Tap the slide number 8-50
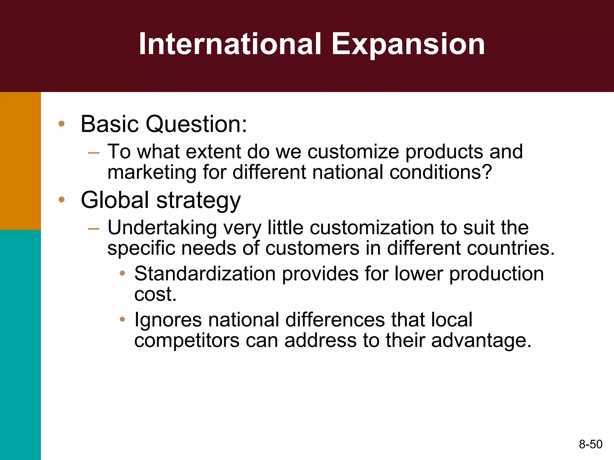tap(591, 444)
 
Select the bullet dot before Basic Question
tap(62, 124)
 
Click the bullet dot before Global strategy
tap(62, 200)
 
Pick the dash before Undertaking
tap(94, 229)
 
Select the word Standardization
tap(205, 274)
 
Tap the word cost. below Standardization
tap(155, 294)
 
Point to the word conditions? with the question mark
tap(441, 172)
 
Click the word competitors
tap(187, 341)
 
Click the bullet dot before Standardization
tap(122, 273)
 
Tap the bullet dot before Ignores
tap(122, 320)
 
